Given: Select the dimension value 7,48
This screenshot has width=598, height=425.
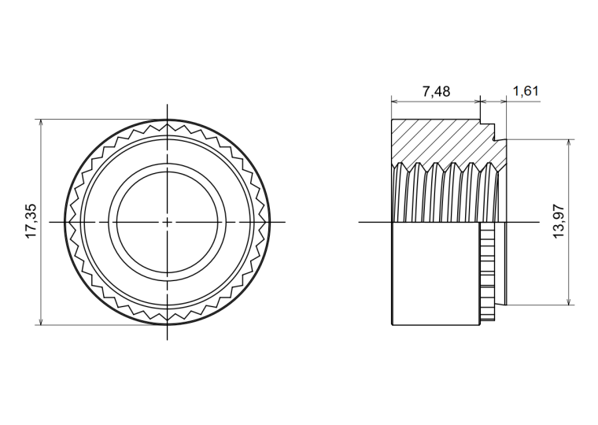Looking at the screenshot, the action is point(436,91).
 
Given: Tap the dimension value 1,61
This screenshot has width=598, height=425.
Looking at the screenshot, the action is point(526,91).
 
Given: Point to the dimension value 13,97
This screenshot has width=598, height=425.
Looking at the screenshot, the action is point(558,221).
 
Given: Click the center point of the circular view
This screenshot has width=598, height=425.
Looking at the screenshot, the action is point(167,222).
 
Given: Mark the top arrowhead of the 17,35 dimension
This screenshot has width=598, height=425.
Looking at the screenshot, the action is point(41,123).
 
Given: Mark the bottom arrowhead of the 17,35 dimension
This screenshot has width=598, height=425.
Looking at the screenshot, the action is point(41,321).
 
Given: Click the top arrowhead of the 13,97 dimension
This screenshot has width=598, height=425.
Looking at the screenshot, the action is point(569,143).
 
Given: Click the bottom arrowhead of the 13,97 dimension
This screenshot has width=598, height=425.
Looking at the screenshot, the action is point(569,301).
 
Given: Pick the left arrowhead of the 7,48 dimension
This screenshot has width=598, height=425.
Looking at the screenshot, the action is point(396,102).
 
